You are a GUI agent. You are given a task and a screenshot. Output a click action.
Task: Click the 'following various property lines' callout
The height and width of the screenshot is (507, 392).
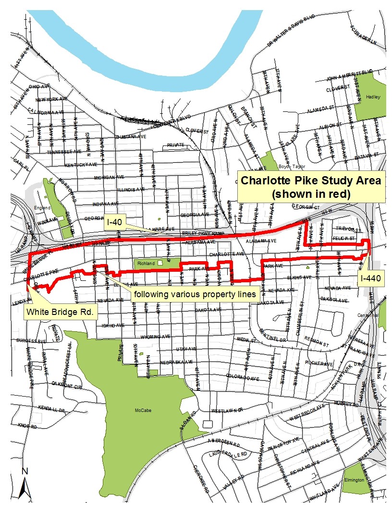pyautogui.click(x=195, y=294)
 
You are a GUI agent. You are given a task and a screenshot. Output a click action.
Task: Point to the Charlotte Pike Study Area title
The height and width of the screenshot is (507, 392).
pyautogui.click(x=311, y=187)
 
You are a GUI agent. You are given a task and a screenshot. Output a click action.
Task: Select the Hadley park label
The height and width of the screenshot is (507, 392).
pyautogui.click(x=373, y=97)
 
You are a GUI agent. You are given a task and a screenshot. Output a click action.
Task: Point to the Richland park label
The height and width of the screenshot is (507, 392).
pyautogui.click(x=146, y=264)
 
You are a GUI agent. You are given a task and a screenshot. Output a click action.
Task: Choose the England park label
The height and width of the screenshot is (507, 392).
pyautogui.click(x=42, y=208)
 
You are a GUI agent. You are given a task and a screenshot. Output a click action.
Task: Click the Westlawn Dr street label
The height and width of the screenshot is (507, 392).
pyautogui.click(x=228, y=411)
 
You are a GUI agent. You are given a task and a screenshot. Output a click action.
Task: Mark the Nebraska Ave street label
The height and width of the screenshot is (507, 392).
pyautogui.click(x=177, y=362)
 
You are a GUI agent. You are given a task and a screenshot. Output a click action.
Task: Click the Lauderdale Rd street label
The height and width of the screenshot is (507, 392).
pyautogui.click(x=228, y=454)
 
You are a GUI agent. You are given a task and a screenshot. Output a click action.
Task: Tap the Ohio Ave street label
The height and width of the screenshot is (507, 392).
pyautogui.click(x=39, y=86)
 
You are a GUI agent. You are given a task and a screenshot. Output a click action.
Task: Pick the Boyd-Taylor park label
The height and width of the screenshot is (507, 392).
pyautogui.click(x=292, y=167)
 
